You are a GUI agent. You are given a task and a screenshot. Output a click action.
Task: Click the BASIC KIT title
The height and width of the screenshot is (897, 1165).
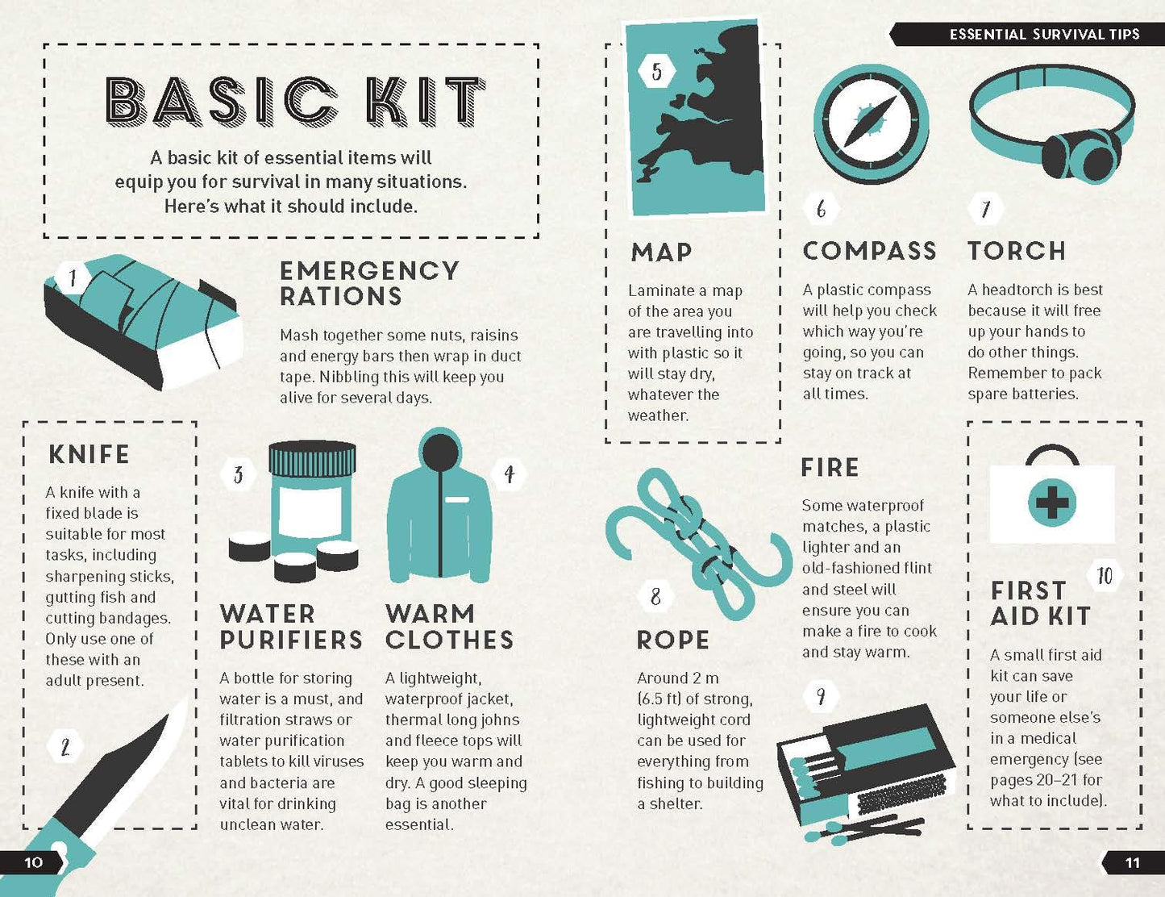click(295, 100)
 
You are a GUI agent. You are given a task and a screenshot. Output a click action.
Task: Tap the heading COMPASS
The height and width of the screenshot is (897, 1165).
click(870, 251)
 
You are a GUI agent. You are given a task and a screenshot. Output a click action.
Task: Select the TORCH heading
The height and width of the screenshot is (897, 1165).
click(1017, 251)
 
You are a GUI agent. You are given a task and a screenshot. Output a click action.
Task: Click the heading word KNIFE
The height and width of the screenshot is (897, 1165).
click(89, 455)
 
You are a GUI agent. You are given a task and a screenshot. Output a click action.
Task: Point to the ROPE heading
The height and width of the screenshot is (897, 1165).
click(673, 640)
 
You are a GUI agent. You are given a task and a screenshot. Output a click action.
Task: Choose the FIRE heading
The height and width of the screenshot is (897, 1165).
click(830, 468)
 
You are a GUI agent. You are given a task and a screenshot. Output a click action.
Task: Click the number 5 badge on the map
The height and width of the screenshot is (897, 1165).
click(657, 71)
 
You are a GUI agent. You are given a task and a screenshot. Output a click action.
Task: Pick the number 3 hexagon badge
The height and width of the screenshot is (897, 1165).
click(239, 474)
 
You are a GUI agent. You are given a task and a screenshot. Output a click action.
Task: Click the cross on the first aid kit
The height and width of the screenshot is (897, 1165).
click(1052, 503)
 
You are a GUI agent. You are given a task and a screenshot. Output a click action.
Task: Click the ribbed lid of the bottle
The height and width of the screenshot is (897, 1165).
click(312, 459)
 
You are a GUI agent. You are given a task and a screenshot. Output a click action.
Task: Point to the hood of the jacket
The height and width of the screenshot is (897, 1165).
click(441, 449)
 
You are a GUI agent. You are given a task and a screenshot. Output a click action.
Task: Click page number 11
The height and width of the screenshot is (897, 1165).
click(1132, 862)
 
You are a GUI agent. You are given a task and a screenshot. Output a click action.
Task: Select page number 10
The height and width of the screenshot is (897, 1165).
click(33, 862)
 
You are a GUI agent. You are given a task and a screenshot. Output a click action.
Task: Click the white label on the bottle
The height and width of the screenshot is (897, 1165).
click(311, 514)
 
